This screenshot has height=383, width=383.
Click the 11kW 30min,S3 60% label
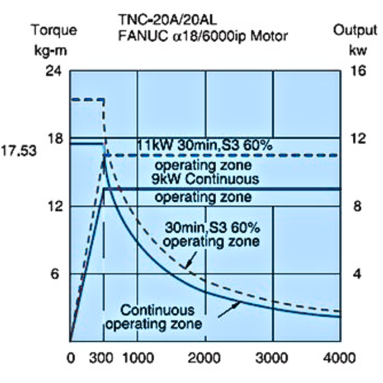coord(205,146)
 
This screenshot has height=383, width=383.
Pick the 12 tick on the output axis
coord(357,138)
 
